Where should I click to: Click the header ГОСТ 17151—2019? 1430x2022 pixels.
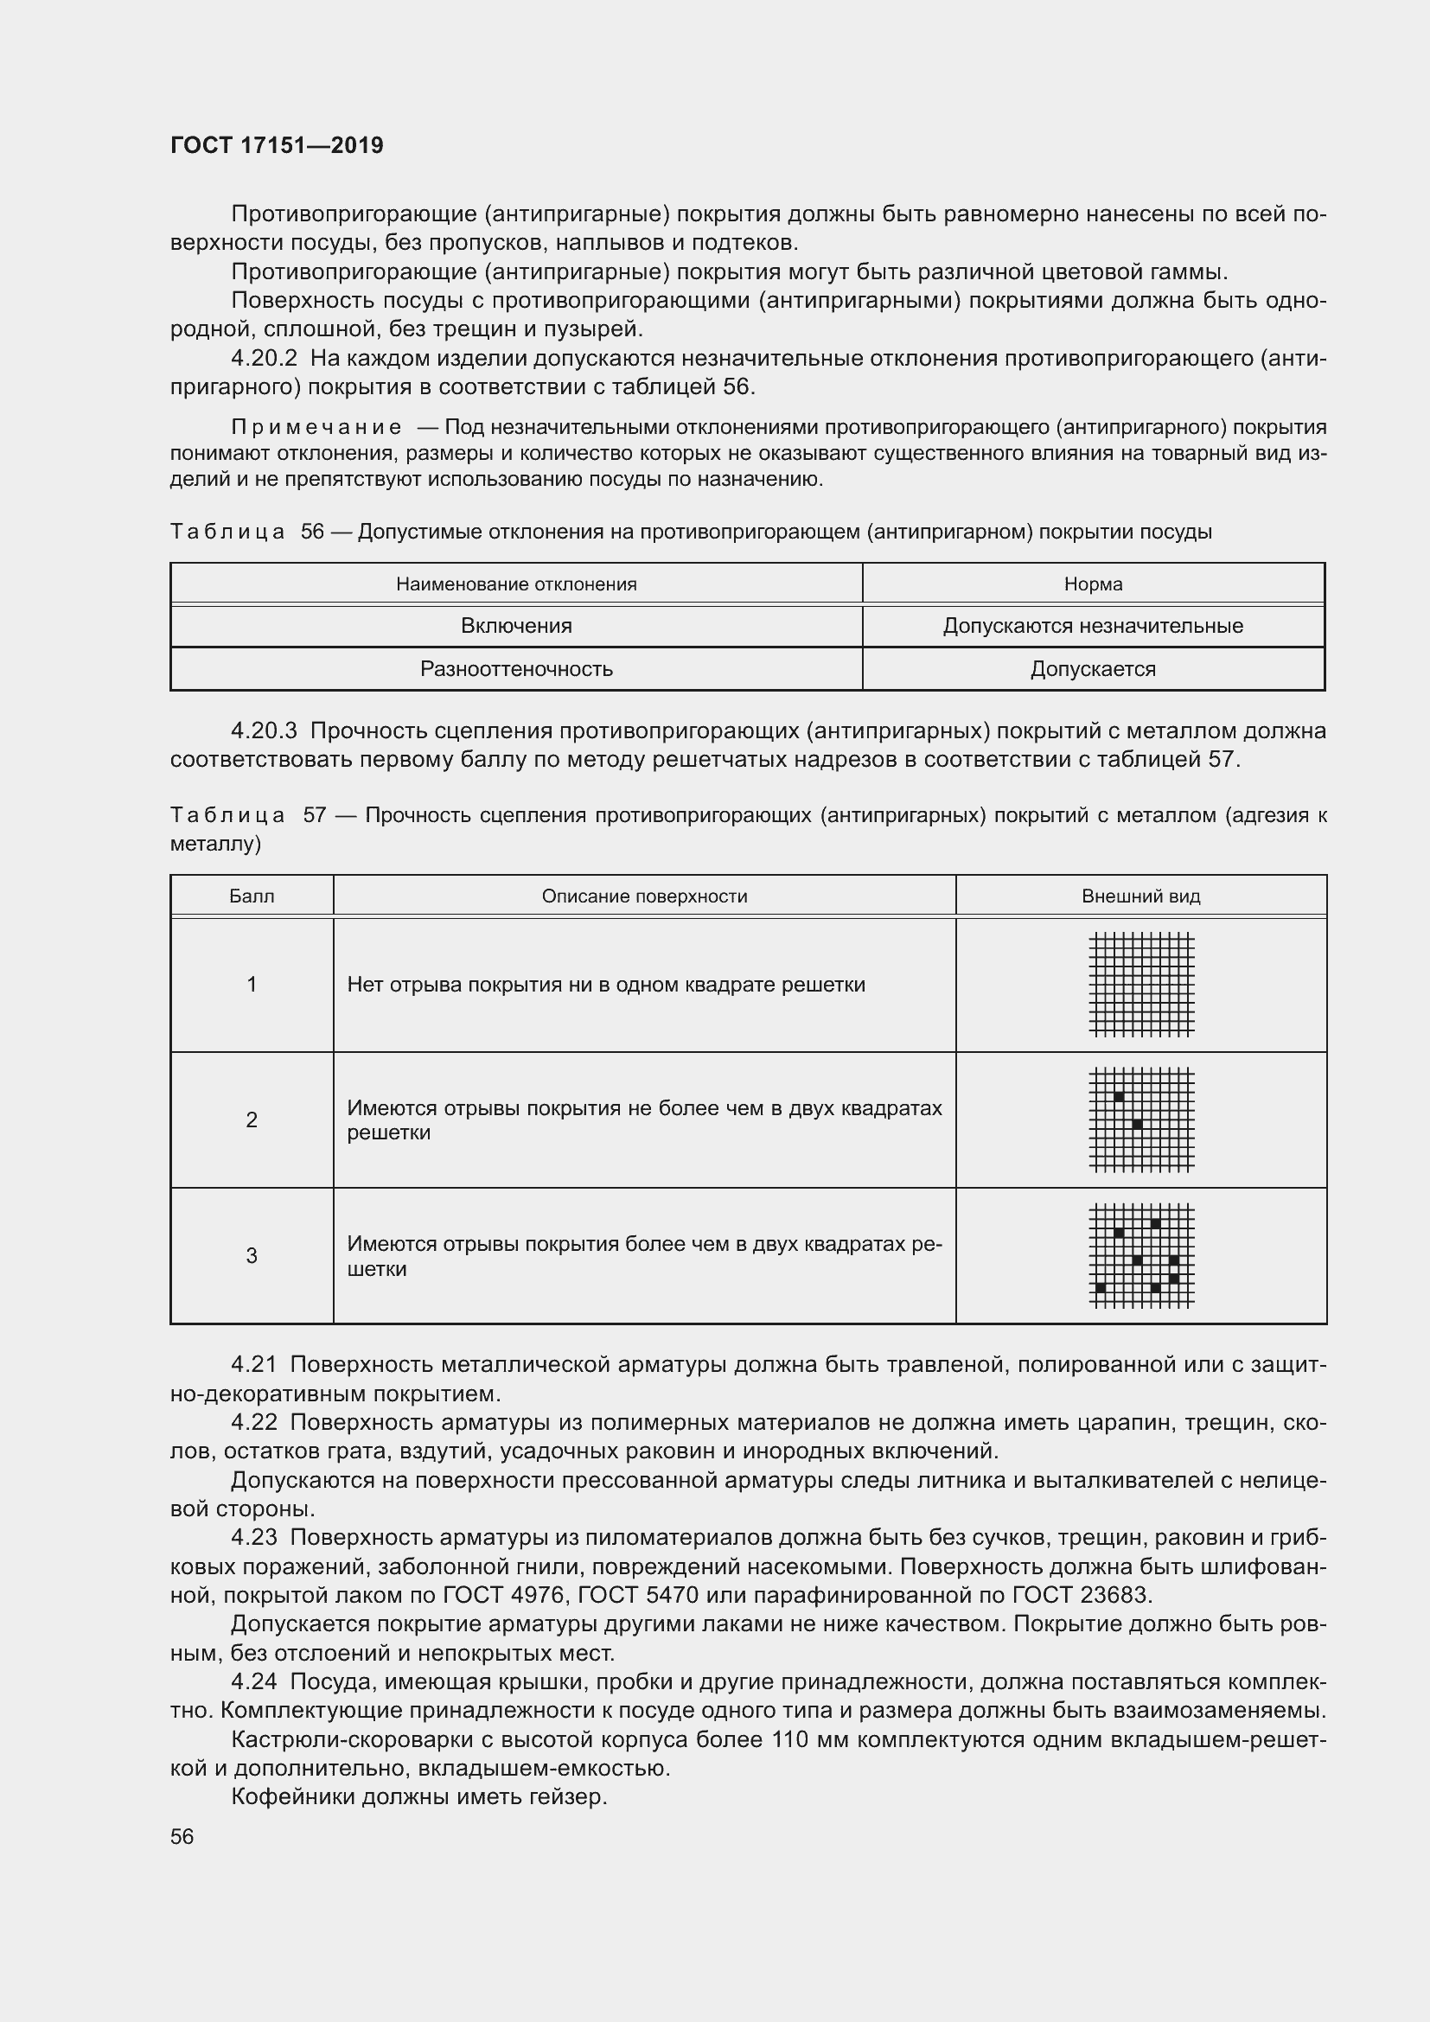pyautogui.click(x=277, y=145)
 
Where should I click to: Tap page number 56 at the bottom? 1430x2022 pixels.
pyautogui.click(x=182, y=1836)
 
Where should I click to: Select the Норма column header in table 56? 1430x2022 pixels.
pyautogui.click(x=1093, y=584)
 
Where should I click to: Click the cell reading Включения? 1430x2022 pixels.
pyautogui.click(x=516, y=626)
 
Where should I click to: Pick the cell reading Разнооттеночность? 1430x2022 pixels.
pyautogui.click(x=516, y=669)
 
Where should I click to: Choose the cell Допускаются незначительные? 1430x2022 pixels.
pyautogui.click(x=1093, y=626)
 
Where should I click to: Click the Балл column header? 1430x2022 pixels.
pyautogui.click(x=252, y=896)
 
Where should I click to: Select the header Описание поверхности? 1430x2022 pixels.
pyautogui.click(x=644, y=896)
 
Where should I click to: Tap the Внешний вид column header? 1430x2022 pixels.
pyautogui.click(x=1140, y=896)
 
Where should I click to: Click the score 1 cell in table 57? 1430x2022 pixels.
pyautogui.click(x=252, y=985)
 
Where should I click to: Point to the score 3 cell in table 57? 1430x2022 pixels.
pyautogui.click(x=252, y=1256)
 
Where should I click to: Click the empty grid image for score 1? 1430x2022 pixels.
pyautogui.click(x=1141, y=985)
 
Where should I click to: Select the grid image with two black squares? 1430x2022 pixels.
pyautogui.click(x=1141, y=1119)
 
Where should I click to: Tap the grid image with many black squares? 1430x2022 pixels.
pyautogui.click(x=1141, y=1256)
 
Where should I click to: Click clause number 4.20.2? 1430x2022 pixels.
pyautogui.click(x=265, y=359)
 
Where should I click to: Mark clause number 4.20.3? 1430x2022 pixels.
pyautogui.click(x=265, y=731)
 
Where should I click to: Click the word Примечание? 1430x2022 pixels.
pyautogui.click(x=316, y=428)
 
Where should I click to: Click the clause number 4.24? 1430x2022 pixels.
pyautogui.click(x=253, y=1682)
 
